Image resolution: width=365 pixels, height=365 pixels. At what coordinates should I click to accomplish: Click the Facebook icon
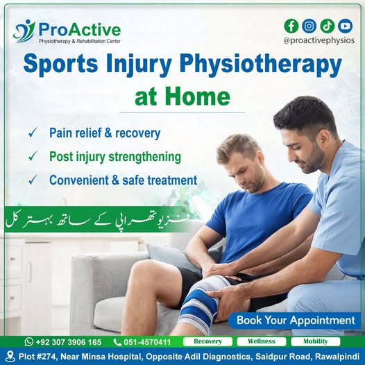(x=291, y=26)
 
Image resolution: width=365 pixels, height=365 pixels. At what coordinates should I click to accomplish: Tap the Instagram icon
(x=309, y=26)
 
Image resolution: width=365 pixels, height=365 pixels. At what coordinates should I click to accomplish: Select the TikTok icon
(x=327, y=26)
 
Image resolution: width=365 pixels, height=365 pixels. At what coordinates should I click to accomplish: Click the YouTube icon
(x=345, y=26)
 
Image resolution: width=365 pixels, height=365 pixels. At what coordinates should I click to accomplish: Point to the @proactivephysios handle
(x=319, y=40)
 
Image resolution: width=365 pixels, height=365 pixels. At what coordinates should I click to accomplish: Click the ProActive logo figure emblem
(x=24, y=31)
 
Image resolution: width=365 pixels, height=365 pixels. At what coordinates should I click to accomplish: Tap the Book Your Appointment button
(x=294, y=321)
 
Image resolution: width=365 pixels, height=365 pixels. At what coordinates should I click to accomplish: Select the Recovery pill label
(x=207, y=341)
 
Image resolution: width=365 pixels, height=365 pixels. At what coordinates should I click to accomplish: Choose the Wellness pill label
(x=262, y=341)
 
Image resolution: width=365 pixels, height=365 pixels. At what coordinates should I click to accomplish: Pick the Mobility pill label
(x=316, y=341)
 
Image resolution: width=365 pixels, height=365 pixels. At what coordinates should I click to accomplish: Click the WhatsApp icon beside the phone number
(x=29, y=341)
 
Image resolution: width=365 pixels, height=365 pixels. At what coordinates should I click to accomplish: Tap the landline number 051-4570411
(x=147, y=342)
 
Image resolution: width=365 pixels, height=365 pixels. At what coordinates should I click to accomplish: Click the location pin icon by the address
(x=10, y=356)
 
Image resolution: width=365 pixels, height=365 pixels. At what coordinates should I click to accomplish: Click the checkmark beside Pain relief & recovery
(x=33, y=133)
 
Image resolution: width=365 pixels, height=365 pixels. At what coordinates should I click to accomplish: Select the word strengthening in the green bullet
(x=145, y=157)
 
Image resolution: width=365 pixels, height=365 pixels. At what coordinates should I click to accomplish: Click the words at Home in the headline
(x=182, y=96)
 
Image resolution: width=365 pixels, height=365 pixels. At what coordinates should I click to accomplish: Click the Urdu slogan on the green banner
(x=98, y=220)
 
